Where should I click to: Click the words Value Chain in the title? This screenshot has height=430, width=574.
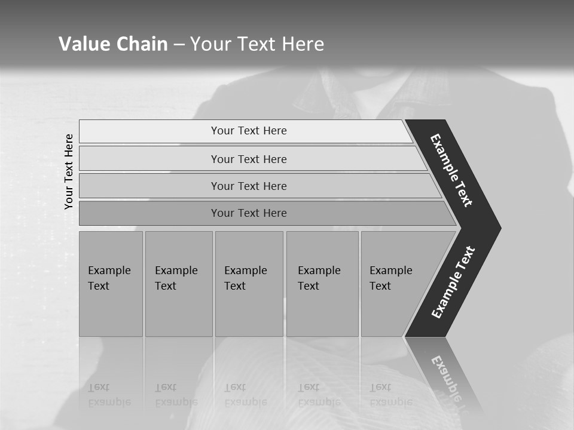click(113, 44)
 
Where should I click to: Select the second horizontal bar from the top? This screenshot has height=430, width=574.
click(249, 159)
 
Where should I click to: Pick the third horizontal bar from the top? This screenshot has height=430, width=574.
click(249, 186)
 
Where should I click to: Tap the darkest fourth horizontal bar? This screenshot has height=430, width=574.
click(249, 213)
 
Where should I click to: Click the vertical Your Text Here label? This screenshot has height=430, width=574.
click(69, 171)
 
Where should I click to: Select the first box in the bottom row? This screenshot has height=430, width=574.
click(111, 284)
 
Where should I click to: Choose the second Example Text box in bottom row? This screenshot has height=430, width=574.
click(178, 284)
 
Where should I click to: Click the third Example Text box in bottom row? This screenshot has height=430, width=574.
click(249, 284)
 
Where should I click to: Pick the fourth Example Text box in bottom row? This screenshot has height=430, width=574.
click(322, 284)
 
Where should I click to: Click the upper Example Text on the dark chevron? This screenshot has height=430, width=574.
click(451, 170)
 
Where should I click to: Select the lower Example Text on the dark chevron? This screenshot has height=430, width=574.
click(453, 282)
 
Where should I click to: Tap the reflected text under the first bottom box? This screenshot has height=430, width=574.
click(109, 395)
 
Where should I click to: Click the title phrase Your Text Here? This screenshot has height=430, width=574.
click(257, 44)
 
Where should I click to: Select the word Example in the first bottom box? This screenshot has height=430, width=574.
click(109, 271)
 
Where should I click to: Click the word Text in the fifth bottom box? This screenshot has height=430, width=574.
click(380, 286)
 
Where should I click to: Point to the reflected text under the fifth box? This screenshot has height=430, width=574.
click(390, 395)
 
